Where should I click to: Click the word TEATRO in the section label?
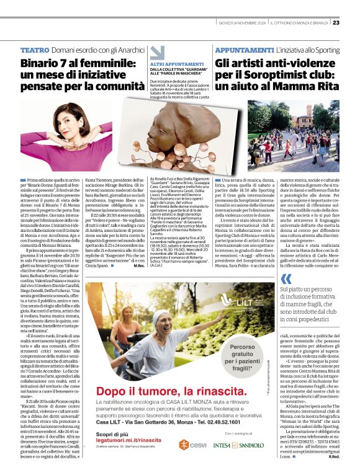tap(35, 49)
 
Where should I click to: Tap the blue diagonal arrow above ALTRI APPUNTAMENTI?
tap(157, 53)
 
